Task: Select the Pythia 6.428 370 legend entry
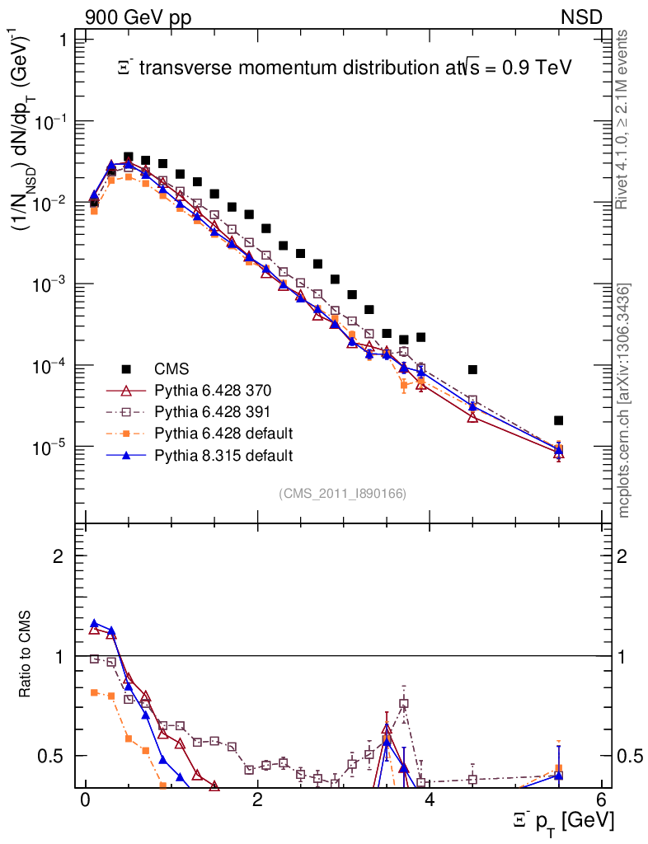pos(214,390)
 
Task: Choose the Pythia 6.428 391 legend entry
pos(214,411)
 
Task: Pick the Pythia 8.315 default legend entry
pos(223,454)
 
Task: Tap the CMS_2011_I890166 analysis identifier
pos(343,493)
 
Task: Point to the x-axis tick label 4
pos(430,800)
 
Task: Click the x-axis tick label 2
pos(257,800)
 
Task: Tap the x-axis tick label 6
pos(601,800)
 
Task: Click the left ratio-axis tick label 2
pos(59,556)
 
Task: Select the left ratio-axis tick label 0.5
pos(51,756)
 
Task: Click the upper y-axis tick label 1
pos(59,40)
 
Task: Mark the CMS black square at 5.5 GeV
pos(558,420)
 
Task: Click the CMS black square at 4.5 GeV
pos(472,369)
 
